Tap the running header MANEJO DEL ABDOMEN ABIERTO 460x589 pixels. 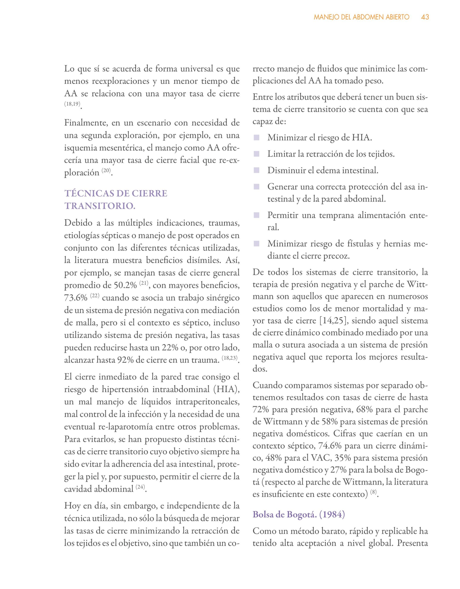pyautogui.click(x=361, y=17)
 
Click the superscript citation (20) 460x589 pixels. pyautogui.click(x=106, y=171)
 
